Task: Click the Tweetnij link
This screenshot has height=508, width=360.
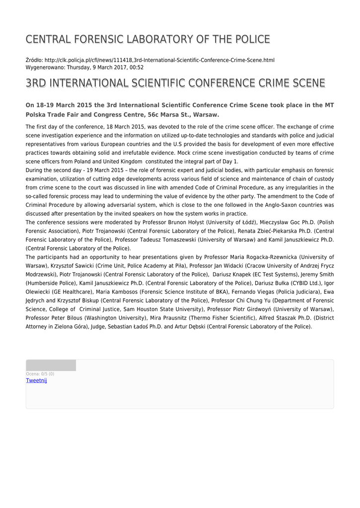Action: (x=36, y=381)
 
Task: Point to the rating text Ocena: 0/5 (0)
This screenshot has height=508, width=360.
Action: (x=40, y=374)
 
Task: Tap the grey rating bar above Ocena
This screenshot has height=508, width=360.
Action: (x=51, y=366)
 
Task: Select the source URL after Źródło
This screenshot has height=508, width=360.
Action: (x=159, y=60)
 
